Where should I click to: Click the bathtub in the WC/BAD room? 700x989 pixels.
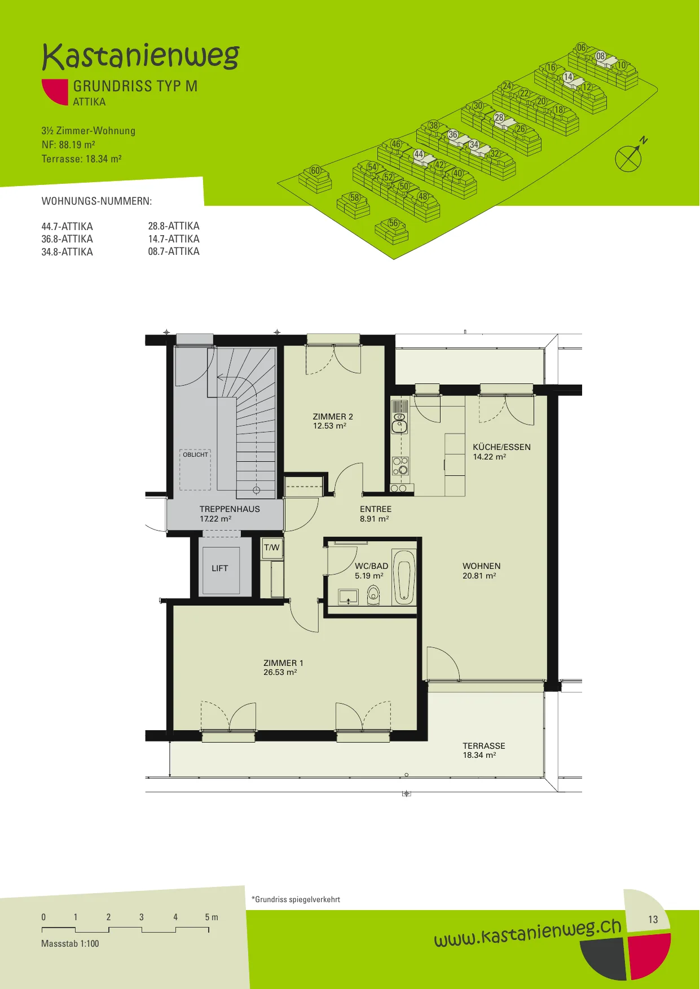[404, 577]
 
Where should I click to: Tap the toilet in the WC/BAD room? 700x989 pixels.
[373, 594]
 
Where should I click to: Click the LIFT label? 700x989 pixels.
[220, 568]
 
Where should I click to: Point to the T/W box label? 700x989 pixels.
[272, 548]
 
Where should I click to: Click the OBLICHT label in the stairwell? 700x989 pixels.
[195, 454]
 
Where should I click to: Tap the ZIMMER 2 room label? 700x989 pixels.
[333, 417]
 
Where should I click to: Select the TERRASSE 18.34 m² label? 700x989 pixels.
[484, 750]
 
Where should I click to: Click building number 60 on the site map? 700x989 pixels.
[315, 171]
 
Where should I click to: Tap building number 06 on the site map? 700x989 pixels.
[582, 48]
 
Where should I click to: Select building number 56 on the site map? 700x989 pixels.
[393, 223]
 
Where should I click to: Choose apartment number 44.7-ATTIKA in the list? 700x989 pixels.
[67, 227]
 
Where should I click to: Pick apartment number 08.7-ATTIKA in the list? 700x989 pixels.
[174, 251]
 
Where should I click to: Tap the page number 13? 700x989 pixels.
[653, 920]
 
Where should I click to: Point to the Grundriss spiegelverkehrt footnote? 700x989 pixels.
[296, 899]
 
